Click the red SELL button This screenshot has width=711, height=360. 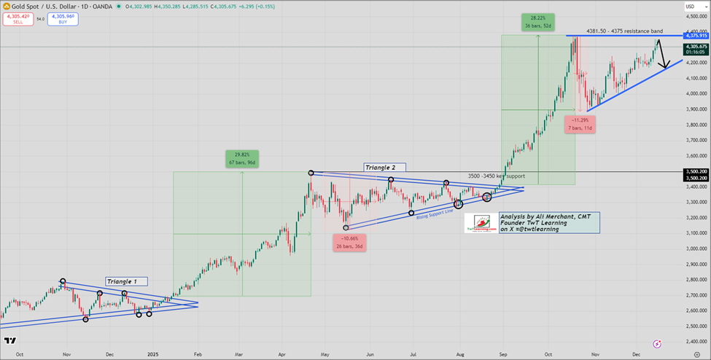point(17,19)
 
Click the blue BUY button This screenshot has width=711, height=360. point(63,19)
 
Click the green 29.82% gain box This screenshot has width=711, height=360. point(242,158)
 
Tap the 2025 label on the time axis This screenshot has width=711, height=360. point(153,353)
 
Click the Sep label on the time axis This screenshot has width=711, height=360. point(502,353)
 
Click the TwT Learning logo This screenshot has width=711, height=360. point(481,223)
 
